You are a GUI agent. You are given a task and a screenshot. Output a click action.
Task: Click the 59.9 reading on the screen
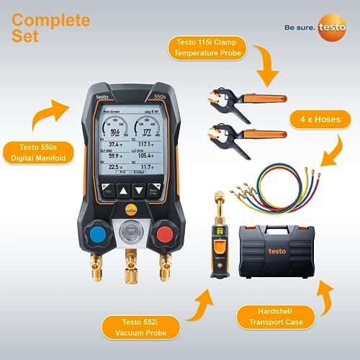[x=117, y=155]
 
